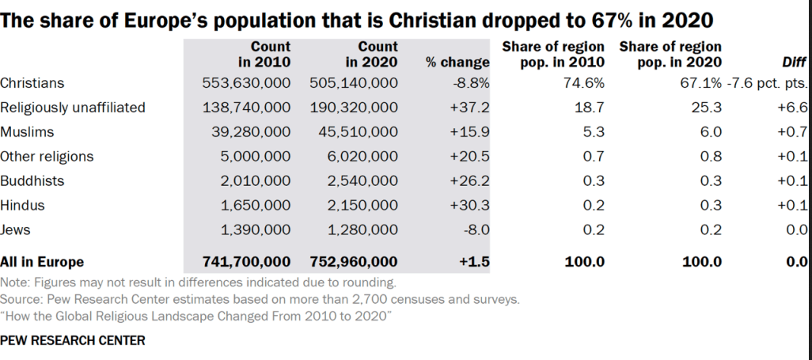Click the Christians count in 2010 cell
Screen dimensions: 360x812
247,82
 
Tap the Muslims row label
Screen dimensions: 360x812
26,132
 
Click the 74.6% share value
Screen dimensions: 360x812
583,82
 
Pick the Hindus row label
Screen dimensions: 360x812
22,206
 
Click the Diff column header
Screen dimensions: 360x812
794,63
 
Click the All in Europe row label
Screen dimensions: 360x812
42,261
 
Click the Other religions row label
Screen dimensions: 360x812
47,157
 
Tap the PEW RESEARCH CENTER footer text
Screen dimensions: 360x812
73,341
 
